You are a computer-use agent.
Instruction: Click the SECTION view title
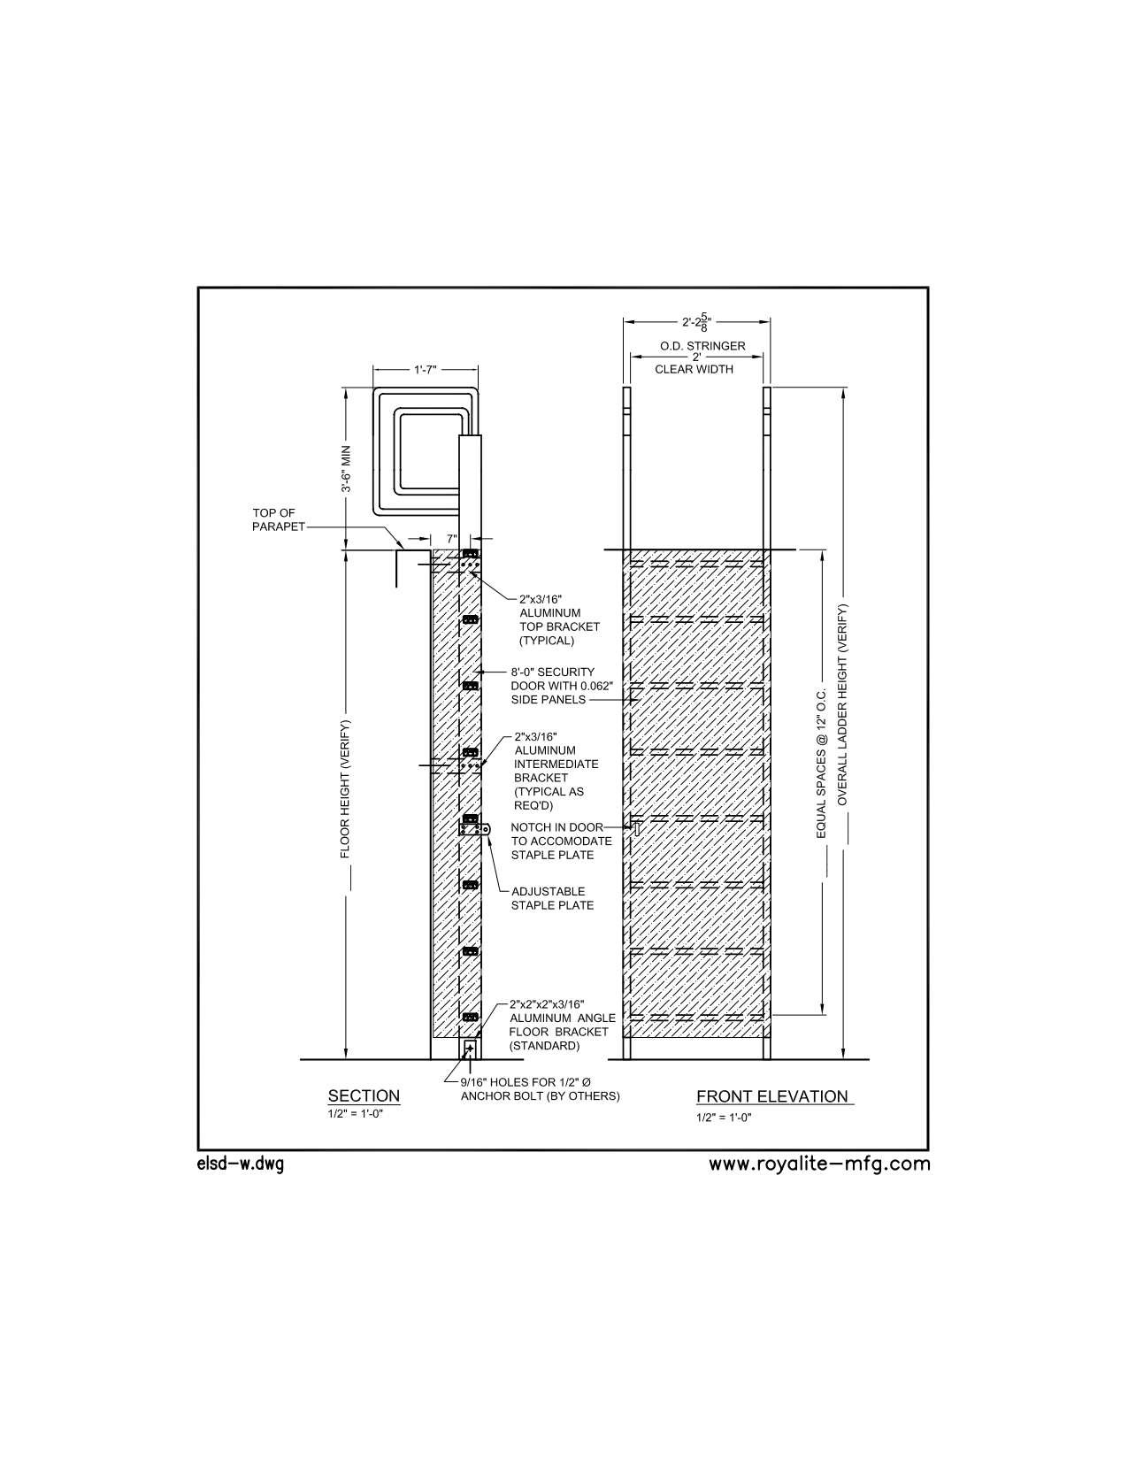click(x=364, y=1095)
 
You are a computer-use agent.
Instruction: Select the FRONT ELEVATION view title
click(x=772, y=1096)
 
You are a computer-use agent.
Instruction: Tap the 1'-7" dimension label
click(x=426, y=370)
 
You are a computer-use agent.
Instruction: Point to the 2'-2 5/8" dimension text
click(x=696, y=322)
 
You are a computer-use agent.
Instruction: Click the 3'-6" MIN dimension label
click(x=347, y=468)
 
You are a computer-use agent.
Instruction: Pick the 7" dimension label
click(x=451, y=538)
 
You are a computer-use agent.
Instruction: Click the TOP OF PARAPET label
click(x=278, y=520)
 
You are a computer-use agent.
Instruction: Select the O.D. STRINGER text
click(x=702, y=346)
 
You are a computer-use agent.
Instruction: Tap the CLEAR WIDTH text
click(x=694, y=370)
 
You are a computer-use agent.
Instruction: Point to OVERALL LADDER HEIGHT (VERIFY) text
click(x=842, y=704)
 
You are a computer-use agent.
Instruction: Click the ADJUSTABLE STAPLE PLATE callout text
click(x=552, y=898)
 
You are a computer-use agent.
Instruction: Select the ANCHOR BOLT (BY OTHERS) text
click(x=541, y=1095)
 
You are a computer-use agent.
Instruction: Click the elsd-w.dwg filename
click(x=241, y=1164)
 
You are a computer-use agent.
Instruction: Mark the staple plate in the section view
click(x=476, y=831)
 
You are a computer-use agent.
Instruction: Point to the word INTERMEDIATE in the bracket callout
click(x=556, y=764)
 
